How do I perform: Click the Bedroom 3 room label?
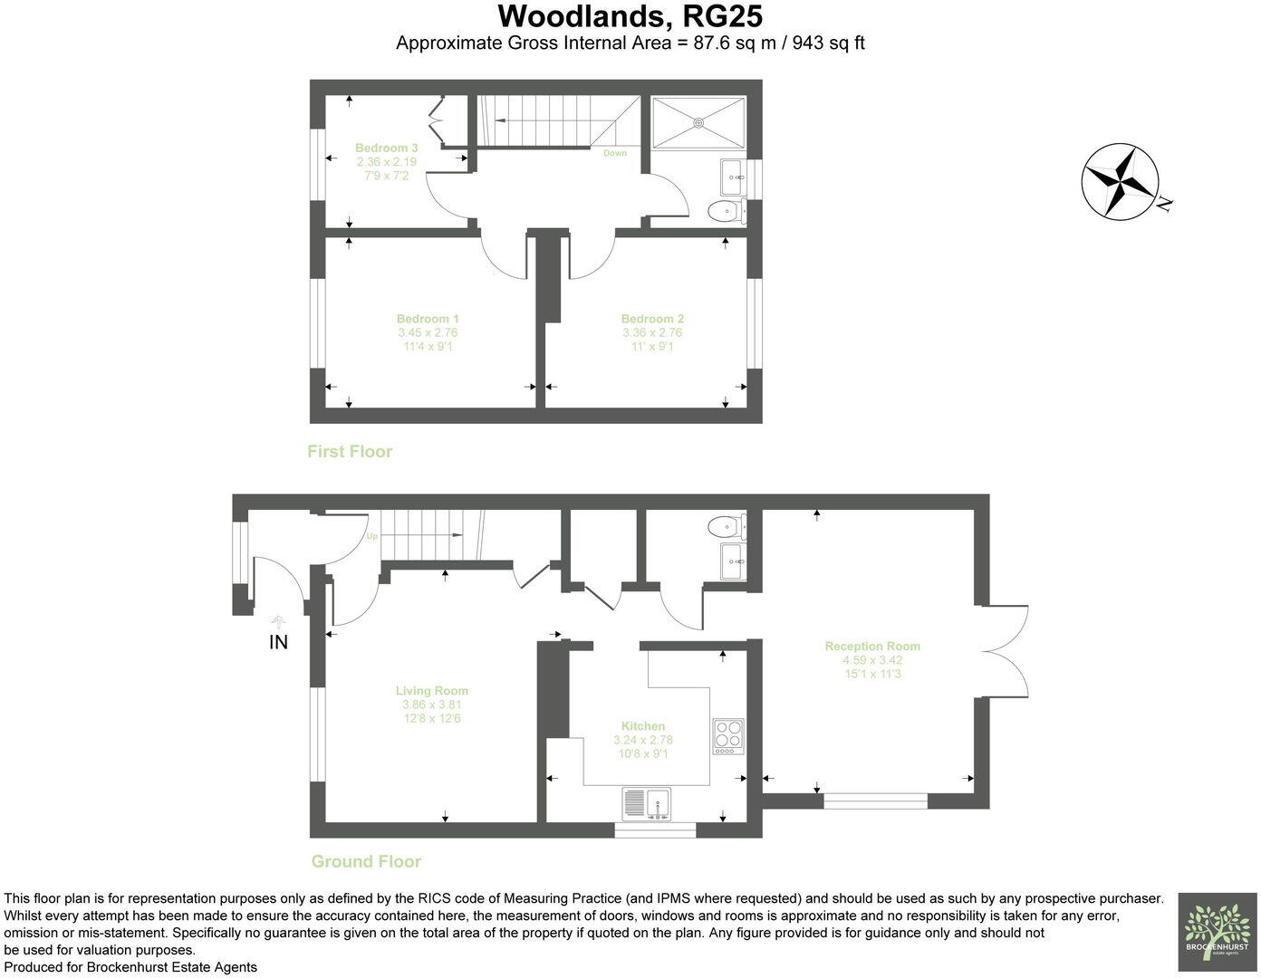(x=386, y=148)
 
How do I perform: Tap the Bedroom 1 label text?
(x=428, y=319)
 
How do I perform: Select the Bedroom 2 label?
(x=652, y=319)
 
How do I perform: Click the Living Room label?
(x=432, y=691)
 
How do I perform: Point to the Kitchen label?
(x=643, y=726)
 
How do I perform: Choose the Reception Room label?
(x=872, y=647)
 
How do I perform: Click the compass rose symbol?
(x=1121, y=180)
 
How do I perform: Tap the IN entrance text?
(x=278, y=642)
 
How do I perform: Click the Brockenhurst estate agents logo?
(x=1217, y=932)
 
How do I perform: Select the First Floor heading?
(x=350, y=451)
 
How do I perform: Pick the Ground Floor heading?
(x=366, y=861)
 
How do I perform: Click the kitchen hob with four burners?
(x=729, y=736)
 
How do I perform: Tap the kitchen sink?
(x=646, y=802)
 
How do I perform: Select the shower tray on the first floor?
(x=698, y=121)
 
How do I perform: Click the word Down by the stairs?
(x=615, y=153)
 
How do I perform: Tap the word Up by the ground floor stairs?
(x=371, y=536)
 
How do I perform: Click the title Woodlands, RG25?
(x=630, y=16)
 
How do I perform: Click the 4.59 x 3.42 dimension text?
(x=872, y=660)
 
